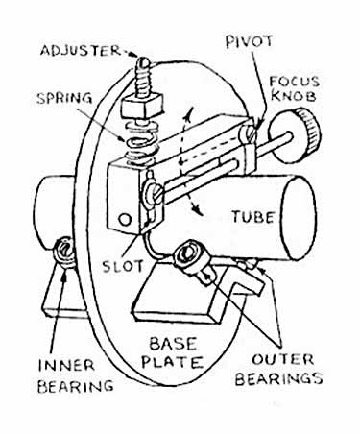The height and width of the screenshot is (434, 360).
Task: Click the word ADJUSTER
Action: pos(81,51)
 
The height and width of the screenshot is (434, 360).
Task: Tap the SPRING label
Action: pos(64,98)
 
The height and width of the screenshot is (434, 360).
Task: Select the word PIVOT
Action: pos(250,41)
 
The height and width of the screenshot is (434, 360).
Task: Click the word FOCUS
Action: pos(295,82)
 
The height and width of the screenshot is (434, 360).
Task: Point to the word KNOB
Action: pos(296,96)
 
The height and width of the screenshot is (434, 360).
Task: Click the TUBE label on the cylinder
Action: pos(252,217)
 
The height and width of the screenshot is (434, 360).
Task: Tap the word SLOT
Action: pos(123,266)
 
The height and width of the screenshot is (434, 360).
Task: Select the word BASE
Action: pos(173,344)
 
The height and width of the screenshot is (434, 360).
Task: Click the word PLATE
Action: pos(173,362)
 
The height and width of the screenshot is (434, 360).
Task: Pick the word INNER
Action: pos(66,366)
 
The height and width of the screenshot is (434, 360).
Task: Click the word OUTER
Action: pos(283,360)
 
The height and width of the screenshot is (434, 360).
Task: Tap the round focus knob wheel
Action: pos(295,133)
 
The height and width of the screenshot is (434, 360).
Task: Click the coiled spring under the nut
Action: pos(142,141)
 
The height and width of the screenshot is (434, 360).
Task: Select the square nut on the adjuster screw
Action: pos(140,106)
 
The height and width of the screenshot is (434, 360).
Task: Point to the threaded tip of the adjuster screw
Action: pos(143,61)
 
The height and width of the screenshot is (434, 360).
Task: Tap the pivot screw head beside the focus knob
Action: pos(250,133)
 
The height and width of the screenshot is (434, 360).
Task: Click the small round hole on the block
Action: pos(125,220)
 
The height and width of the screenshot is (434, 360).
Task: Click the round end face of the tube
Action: pos(299,218)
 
